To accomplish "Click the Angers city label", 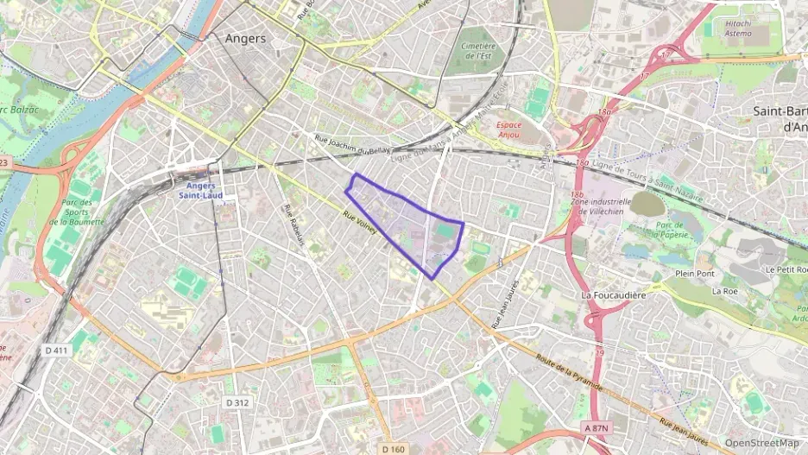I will [x=245, y=39].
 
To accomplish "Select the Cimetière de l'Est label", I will [x=477, y=51].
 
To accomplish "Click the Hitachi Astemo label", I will [x=747, y=28].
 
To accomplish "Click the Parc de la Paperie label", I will [x=670, y=231].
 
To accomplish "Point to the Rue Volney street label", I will [x=361, y=225].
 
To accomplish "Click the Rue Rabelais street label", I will [x=294, y=225].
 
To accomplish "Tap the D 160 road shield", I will [x=393, y=448].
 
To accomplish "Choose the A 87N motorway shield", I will [x=596, y=427].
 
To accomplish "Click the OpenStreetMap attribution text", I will [x=762, y=444].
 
